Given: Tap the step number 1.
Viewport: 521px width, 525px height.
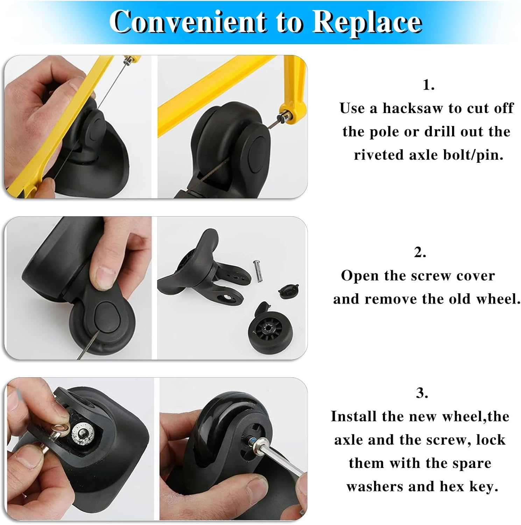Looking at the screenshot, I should click(x=428, y=85).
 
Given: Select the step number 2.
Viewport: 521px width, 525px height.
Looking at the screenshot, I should click(x=420, y=252).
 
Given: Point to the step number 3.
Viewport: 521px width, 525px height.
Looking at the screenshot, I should click(x=422, y=393).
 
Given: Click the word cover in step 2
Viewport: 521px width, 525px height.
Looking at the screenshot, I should click(x=476, y=276).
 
